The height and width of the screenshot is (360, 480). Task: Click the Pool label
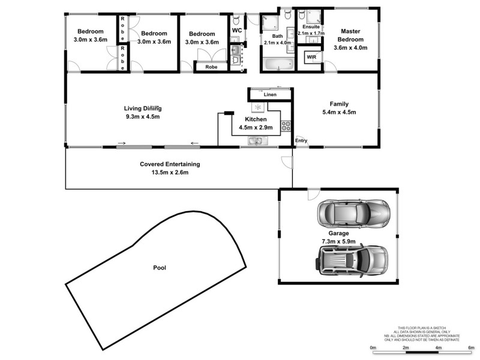click(160, 268)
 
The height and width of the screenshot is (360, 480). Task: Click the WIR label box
click(312, 57)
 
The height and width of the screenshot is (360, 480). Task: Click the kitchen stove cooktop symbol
click(286, 125)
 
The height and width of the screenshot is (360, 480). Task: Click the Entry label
click(301, 142)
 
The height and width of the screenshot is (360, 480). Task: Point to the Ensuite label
click(311, 27)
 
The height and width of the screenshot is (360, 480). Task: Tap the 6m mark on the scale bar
click(471, 348)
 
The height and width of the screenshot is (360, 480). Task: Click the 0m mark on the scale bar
click(373, 348)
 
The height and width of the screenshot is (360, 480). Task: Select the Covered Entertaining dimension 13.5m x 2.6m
click(170, 173)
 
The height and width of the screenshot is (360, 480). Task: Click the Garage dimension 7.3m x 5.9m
click(338, 241)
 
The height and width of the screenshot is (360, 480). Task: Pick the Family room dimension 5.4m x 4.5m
click(339, 112)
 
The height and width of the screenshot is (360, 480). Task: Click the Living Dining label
click(143, 109)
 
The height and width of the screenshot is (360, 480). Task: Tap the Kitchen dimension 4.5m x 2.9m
click(256, 128)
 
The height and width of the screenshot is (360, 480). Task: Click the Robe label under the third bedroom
click(211, 67)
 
